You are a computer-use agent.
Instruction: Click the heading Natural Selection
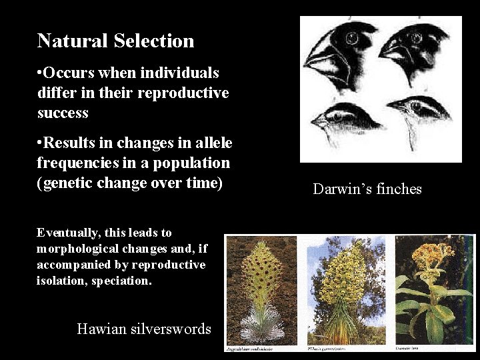point(115,41)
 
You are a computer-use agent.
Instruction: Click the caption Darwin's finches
point(367,189)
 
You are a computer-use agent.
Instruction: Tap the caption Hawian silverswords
point(144,329)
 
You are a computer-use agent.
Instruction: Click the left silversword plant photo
point(263,291)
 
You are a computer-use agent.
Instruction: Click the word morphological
point(75,249)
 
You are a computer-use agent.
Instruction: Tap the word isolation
point(62,281)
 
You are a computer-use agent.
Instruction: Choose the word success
point(63,113)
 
